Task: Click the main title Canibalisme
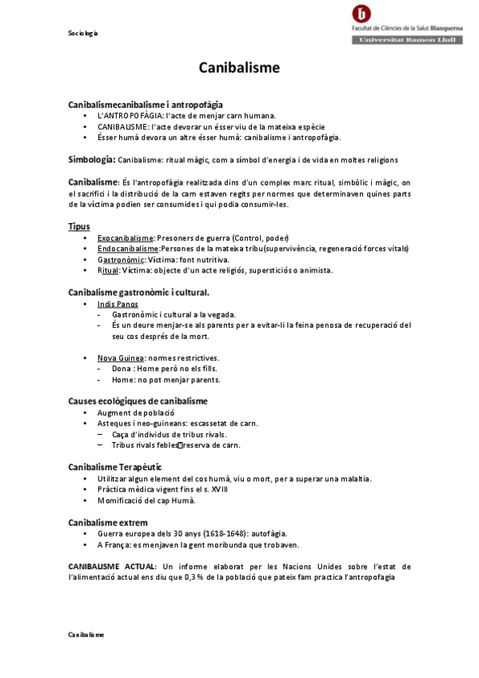[239, 68]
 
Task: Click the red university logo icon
[361, 14]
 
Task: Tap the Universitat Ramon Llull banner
[407, 39]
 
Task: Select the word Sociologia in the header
[82, 34]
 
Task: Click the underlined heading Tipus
[79, 226]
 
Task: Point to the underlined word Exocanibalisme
[125, 238]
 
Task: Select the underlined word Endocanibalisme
[128, 249]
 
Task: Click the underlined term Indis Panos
[118, 304]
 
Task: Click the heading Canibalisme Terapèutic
[115, 466]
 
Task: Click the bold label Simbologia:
[92, 159]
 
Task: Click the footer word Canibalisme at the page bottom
[86, 633]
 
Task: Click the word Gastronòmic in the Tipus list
[121, 260]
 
